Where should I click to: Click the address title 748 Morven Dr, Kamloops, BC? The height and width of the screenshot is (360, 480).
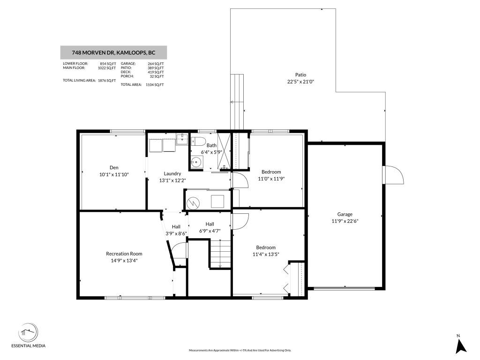[113, 52]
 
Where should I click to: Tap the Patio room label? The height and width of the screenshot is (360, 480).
[300, 75]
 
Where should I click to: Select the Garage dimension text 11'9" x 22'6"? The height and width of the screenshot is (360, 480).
[345, 221]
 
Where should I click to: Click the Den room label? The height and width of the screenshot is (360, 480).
[114, 167]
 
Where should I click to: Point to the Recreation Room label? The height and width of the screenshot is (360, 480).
[124, 254]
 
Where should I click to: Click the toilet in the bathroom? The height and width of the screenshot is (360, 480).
[196, 141]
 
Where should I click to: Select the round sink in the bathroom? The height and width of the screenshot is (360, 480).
[195, 163]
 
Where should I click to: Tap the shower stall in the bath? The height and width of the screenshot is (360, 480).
[225, 151]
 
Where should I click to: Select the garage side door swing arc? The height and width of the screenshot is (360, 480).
[394, 176]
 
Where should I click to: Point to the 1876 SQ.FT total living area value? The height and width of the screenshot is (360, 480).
[107, 81]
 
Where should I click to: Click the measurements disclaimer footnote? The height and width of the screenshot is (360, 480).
[240, 350]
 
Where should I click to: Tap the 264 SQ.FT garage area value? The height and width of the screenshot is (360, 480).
[155, 64]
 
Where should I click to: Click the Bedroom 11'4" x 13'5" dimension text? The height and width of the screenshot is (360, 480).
[265, 255]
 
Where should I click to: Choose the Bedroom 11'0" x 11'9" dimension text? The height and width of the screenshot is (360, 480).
[271, 178]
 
